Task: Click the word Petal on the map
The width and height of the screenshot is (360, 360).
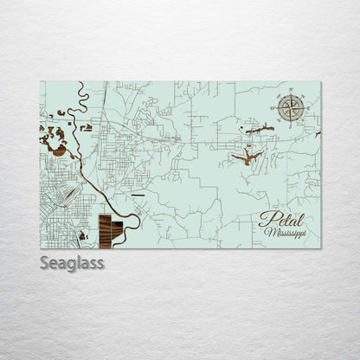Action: [276, 218]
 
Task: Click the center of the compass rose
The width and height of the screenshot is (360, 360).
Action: [291, 107]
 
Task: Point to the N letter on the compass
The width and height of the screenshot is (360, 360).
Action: [291, 93]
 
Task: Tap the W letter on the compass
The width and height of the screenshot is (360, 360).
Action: [277, 107]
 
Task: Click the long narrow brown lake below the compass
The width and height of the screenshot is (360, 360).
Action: [260, 130]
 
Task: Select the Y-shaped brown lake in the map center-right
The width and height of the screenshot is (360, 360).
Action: [248, 157]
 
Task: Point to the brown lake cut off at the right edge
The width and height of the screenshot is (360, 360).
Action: [318, 134]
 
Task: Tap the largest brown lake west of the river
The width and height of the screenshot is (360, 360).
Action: [57, 149]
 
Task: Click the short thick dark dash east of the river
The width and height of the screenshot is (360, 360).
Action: [136, 196]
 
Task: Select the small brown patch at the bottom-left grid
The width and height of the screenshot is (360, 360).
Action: [82, 235]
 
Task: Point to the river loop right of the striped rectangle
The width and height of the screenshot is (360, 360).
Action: [134, 222]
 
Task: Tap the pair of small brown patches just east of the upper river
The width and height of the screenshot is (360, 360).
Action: [86, 127]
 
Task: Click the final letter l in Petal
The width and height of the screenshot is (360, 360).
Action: [292, 216]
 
